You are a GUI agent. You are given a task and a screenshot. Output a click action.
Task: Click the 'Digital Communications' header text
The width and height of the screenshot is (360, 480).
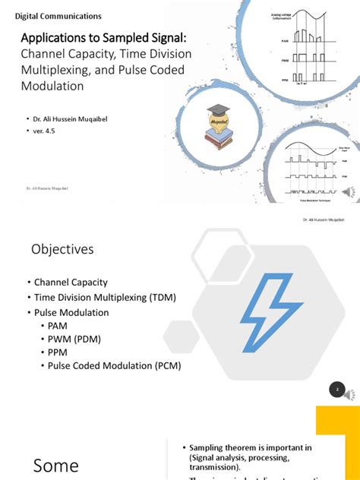[58, 16]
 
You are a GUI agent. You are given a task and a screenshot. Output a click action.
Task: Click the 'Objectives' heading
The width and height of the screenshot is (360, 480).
[62, 249]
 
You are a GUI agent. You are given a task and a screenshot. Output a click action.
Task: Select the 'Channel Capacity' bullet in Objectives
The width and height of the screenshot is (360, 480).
[71, 283]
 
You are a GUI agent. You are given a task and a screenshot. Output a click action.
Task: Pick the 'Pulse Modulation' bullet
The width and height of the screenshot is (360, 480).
[71, 312]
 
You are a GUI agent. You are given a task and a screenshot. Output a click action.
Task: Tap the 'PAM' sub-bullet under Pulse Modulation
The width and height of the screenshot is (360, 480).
[58, 326]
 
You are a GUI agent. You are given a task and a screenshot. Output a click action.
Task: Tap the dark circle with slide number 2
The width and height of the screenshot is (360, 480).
[337, 390]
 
